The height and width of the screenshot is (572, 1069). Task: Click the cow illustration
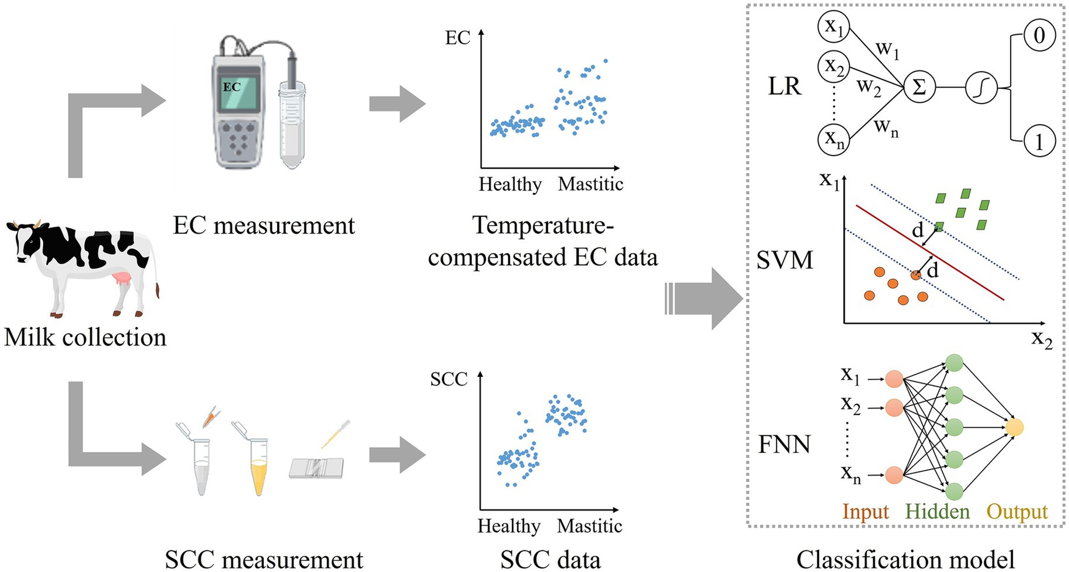click(82, 266)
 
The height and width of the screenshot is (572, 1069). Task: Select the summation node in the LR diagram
click(919, 88)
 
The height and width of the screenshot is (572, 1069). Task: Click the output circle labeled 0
click(1039, 35)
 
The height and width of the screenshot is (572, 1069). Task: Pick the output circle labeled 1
click(1039, 142)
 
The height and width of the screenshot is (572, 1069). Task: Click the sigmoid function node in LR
click(981, 88)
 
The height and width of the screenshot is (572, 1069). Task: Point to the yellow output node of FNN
click(1014, 428)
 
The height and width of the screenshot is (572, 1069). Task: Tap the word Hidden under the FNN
click(937, 512)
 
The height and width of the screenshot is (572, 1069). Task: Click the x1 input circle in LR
click(833, 26)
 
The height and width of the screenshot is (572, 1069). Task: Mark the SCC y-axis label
click(448, 380)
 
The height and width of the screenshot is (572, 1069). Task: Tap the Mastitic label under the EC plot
click(590, 185)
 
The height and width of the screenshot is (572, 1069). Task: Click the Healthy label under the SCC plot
click(509, 526)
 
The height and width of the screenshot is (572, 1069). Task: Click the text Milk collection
click(85, 338)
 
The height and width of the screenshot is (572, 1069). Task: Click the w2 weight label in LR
click(868, 88)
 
